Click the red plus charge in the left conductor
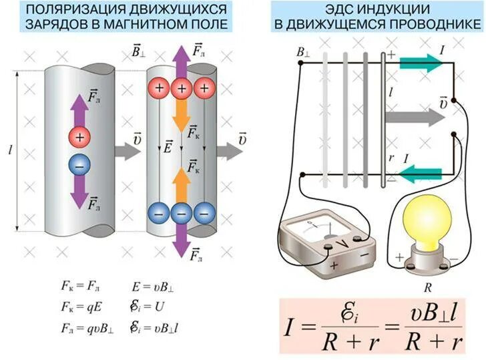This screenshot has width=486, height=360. (79, 138)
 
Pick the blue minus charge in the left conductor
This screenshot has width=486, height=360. (79, 165)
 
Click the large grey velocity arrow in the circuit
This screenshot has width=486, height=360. (415, 118)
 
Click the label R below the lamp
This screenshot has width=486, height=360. (428, 287)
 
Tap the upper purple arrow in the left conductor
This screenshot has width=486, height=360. (79, 109)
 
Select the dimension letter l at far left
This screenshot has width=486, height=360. (10, 150)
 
